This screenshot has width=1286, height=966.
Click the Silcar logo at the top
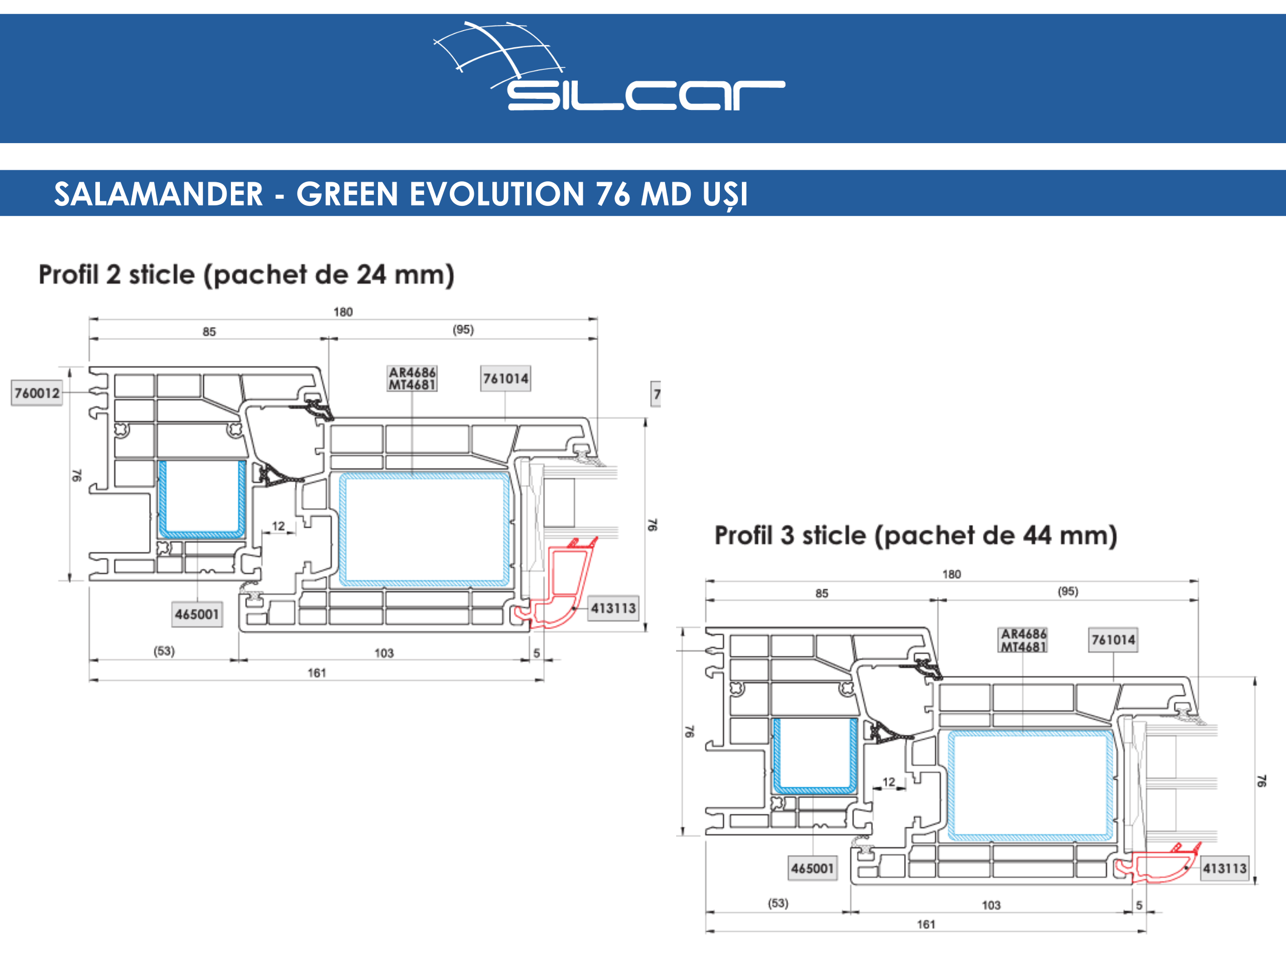[x=609, y=66]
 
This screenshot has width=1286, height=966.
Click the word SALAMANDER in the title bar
[x=158, y=194]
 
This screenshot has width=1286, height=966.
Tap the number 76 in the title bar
[x=612, y=194]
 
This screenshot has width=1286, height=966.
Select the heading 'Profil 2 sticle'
[x=117, y=275]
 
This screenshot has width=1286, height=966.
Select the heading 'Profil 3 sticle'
[x=791, y=535]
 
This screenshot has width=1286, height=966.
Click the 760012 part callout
[x=37, y=393]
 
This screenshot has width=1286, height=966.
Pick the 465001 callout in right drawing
[x=812, y=868]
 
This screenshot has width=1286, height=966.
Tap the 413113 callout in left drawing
[x=613, y=609]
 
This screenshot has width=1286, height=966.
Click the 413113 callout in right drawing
[x=1224, y=868]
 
